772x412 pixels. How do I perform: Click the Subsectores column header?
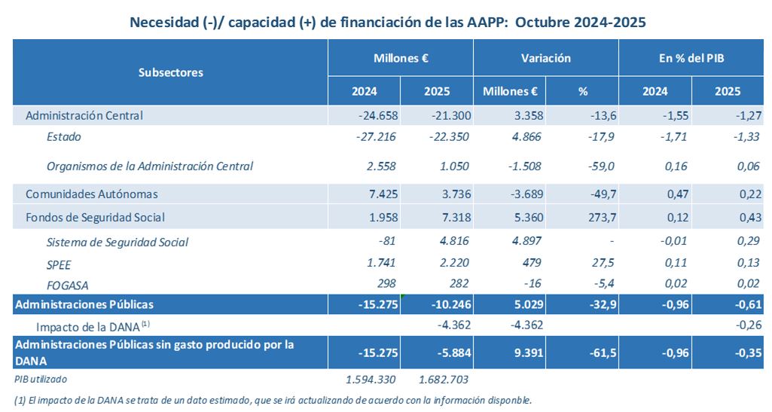[170, 72]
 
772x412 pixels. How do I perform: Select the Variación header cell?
[545, 58]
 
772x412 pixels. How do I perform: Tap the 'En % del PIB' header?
[691, 58]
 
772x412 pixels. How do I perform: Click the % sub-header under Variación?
[582, 92]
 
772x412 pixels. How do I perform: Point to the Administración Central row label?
[84, 115]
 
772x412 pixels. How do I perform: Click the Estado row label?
[63, 136]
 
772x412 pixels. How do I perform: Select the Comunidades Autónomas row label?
[91, 194]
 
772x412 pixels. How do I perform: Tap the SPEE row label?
[59, 264]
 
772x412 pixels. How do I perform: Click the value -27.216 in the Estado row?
[375, 136]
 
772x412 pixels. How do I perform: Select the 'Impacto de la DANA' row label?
[95, 326]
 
